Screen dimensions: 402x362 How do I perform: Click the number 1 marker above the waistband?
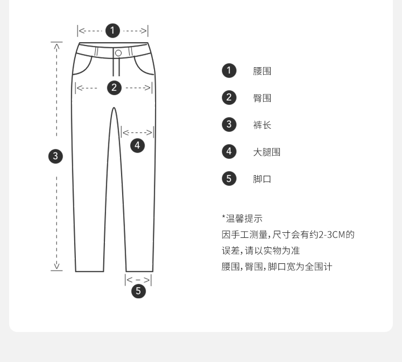(x=112, y=31)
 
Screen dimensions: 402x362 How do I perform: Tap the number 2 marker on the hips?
(x=114, y=88)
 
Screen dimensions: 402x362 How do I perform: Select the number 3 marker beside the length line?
(x=55, y=156)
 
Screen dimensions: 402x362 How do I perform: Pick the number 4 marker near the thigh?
(x=137, y=145)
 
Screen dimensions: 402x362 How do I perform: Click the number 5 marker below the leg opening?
(x=138, y=291)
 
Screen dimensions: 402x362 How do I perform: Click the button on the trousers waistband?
(x=118, y=53)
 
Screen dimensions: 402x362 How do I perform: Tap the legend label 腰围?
(x=262, y=71)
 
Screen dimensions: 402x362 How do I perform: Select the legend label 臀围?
(x=262, y=98)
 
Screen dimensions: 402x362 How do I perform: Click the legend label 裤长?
(x=262, y=125)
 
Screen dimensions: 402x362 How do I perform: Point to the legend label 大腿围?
(x=267, y=152)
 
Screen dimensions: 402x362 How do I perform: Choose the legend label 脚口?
(x=262, y=179)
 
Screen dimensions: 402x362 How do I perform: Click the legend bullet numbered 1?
(x=229, y=70)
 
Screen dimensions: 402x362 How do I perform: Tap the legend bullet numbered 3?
(x=229, y=124)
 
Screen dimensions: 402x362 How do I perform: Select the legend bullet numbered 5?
(x=229, y=178)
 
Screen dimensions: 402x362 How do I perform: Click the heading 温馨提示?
(x=243, y=219)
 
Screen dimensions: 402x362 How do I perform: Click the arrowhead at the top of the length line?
(x=56, y=46)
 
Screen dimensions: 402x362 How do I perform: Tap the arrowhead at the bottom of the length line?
(x=56, y=266)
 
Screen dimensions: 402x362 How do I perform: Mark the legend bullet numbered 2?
(x=229, y=97)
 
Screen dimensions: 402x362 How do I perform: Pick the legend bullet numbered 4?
(x=229, y=151)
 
